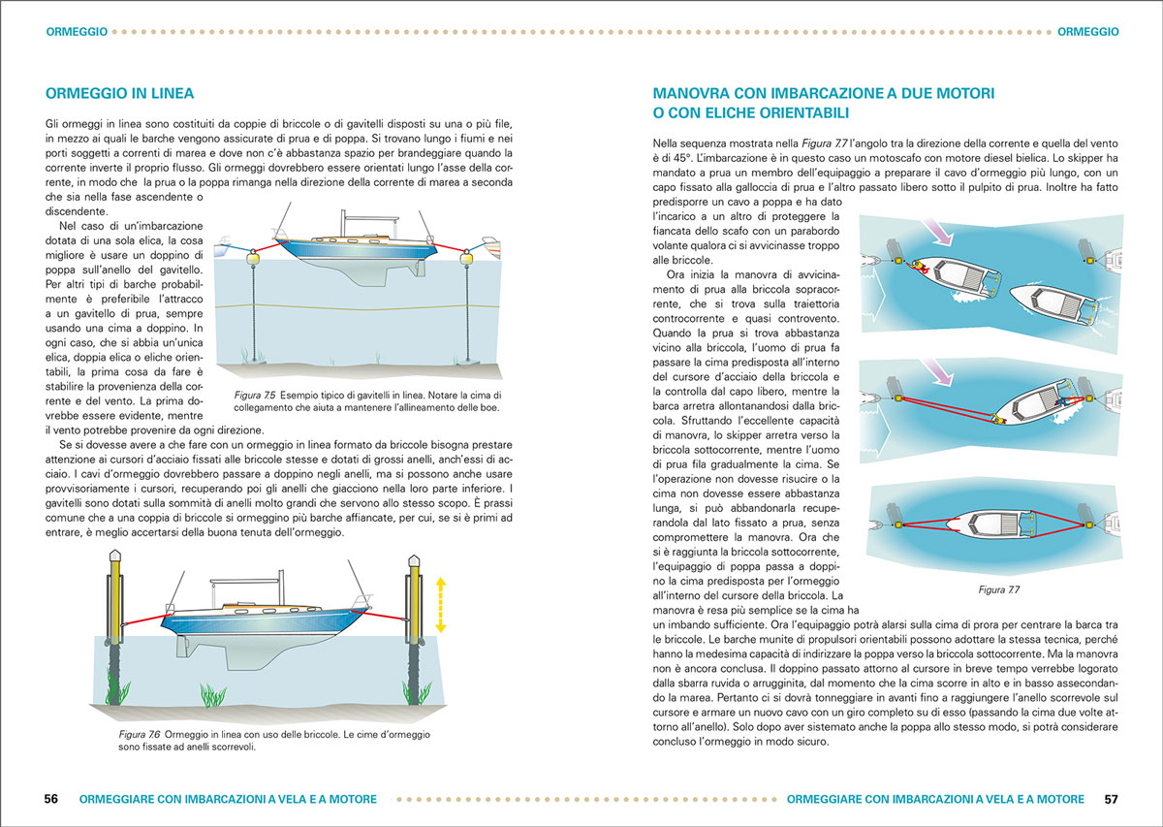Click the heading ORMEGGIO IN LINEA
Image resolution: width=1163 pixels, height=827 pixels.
tap(120, 94)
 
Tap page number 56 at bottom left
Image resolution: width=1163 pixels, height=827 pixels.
tap(51, 799)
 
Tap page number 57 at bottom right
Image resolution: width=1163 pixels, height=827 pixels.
tap(1111, 799)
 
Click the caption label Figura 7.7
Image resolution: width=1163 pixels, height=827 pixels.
tap(998, 588)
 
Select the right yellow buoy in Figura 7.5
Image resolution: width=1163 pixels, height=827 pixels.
tap(468, 257)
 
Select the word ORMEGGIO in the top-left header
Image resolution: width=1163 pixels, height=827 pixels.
tap(76, 31)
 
